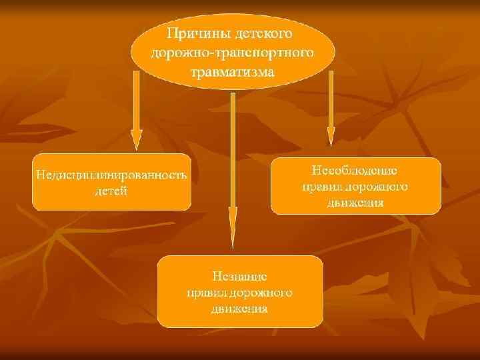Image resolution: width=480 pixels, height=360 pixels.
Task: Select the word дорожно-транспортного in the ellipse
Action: (233, 51)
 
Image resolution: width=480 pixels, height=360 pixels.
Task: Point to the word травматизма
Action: (233, 71)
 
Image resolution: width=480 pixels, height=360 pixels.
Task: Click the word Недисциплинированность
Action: (111, 175)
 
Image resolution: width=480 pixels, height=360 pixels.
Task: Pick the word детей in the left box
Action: (111, 191)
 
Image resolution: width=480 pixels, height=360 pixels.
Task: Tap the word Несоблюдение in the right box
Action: (355, 170)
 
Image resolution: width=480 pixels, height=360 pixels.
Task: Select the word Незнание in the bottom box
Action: (240, 276)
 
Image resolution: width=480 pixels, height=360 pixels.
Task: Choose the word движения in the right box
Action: (355, 202)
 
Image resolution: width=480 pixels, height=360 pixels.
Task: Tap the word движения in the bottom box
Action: (240, 309)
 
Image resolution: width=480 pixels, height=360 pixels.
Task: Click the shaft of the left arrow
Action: (136, 100)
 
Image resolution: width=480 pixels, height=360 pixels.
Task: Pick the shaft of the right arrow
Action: (330, 100)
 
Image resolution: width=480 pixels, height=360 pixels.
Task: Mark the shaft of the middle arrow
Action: (233, 147)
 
